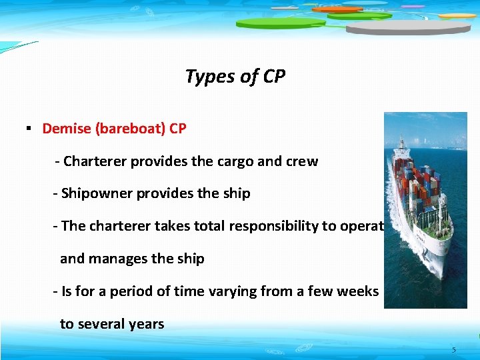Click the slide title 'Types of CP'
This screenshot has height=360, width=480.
[x=235, y=77]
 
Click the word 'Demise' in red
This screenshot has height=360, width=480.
[x=67, y=129]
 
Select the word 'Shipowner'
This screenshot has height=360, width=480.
[x=93, y=194]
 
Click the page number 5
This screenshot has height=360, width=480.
[x=454, y=350]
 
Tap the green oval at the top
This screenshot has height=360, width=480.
[x=280, y=23]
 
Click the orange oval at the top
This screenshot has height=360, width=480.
[x=337, y=9]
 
